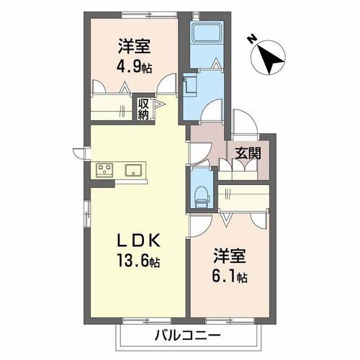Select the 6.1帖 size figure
coord(230,277)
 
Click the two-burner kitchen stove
coord(105,171)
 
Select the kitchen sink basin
coord(134,171)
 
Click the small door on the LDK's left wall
coord(78,152)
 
